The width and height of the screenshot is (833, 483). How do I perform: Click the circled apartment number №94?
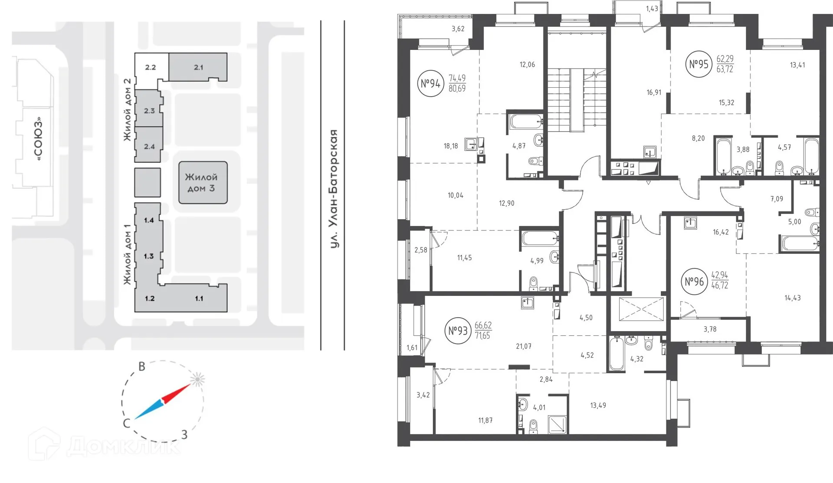tap(430, 83)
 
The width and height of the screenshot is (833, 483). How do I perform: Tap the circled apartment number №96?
tap(694, 282)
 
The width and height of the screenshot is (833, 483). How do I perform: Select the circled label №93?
tap(458, 331)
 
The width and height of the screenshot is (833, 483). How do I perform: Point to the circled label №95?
tap(699, 64)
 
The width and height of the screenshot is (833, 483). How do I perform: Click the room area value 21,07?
tap(524, 346)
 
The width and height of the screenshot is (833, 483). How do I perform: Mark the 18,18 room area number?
tap(451, 146)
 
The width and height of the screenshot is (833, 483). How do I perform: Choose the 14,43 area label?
tap(792, 298)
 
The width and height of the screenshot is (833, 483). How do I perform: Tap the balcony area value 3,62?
tap(458, 29)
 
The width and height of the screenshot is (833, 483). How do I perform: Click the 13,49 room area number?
tap(598, 405)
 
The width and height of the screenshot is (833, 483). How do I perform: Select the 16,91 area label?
tap(654, 92)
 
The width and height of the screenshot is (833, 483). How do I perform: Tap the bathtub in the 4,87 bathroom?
tap(525, 121)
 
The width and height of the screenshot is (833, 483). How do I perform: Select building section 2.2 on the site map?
tap(151, 67)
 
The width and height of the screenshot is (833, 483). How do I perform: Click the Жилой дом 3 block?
tap(203, 183)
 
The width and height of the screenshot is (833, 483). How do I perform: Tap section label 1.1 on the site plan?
tap(199, 298)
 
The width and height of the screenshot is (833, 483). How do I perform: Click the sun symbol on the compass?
tap(197, 380)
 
